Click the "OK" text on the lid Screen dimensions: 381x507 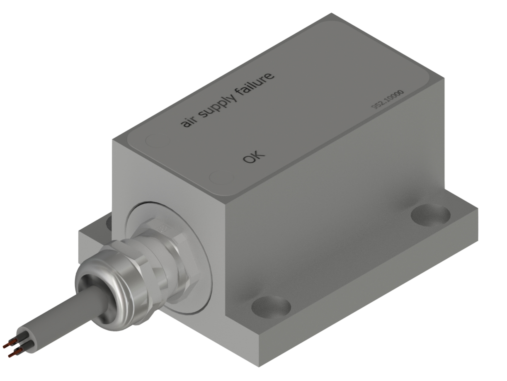tap(253, 157)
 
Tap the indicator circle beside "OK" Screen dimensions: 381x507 tap(222, 178)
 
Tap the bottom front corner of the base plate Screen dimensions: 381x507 tap(259, 365)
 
